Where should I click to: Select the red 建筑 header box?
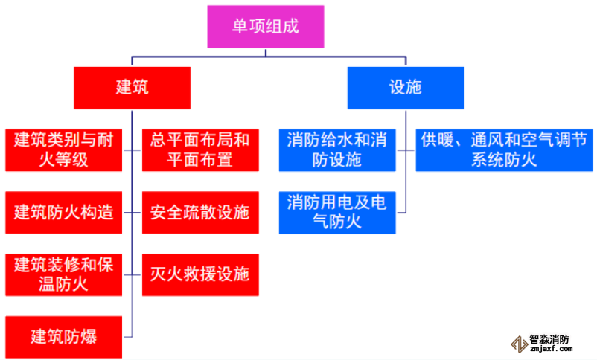tap(132, 88)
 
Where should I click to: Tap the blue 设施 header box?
tap(406, 88)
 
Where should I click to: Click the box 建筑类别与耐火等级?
tap(63, 149)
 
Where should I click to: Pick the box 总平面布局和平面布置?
tap(199, 149)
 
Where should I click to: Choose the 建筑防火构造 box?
tap(63, 211)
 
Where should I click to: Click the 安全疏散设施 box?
tap(199, 211)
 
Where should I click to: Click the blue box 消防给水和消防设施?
tap(337, 149)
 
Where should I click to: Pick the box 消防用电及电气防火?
tap(337, 211)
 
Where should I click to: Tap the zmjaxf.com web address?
tap(550, 350)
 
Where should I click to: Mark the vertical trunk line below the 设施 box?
tap(406, 164)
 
